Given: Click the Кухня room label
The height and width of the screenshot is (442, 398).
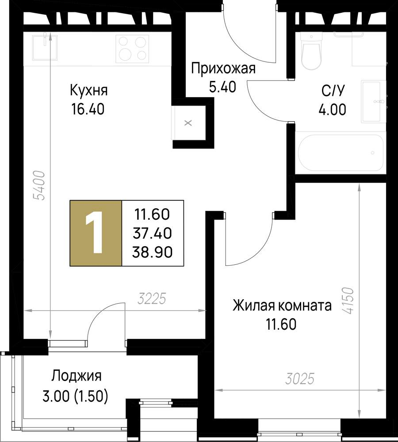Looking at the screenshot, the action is [88, 91].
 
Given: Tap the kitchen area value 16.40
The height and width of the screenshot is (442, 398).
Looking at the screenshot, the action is [88, 109].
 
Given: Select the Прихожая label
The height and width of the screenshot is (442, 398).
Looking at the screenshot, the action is [223, 69].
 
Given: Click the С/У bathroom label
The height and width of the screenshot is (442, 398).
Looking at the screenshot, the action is [333, 91].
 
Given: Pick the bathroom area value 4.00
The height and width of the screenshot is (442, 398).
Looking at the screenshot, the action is [332, 109].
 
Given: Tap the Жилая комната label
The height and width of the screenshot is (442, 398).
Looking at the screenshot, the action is [282, 305].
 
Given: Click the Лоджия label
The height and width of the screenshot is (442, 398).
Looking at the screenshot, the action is [76, 376].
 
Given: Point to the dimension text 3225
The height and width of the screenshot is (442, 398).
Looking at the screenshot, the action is [152, 299].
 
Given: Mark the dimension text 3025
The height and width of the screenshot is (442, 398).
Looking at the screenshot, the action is [299, 379].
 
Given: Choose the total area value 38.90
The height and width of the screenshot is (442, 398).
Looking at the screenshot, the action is [152, 252].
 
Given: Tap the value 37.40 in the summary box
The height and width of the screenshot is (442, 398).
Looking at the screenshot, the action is [152, 233].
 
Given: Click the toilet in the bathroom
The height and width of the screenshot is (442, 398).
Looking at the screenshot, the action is [311, 51].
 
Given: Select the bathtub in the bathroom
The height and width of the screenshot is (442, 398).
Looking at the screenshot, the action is [341, 152].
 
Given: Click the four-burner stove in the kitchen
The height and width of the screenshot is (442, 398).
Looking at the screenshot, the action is [132, 48].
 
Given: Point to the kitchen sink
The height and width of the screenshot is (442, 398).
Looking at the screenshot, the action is [45, 47].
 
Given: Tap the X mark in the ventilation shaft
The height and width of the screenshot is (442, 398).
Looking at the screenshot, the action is [188, 123].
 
